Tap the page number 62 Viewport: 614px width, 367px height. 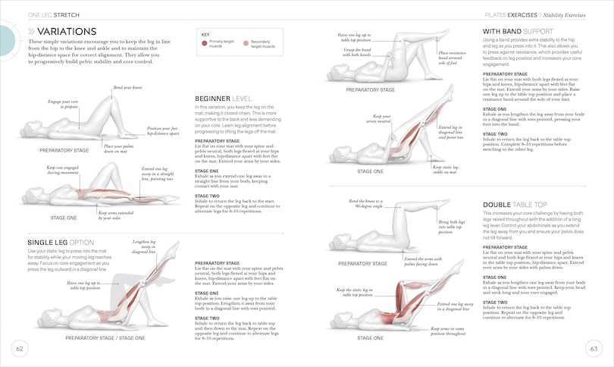pyautogui.click(x=20, y=348)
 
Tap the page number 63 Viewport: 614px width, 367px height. pyautogui.click(x=594, y=348)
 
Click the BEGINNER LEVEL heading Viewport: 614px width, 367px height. pyautogui.click(x=223, y=99)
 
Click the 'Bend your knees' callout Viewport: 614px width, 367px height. pyautogui.click(x=127, y=88)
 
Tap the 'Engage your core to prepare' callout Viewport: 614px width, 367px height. pyautogui.click(x=64, y=105)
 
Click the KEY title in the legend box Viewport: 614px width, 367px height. pyautogui.click(x=205, y=34)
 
